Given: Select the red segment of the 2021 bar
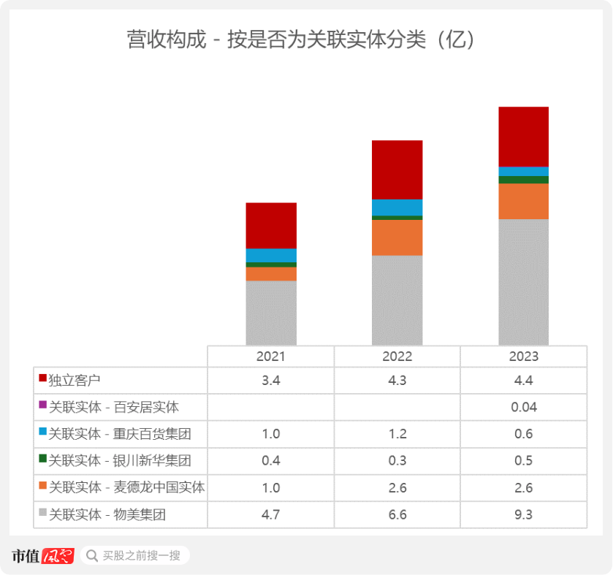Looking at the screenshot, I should pyautogui.click(x=271, y=225).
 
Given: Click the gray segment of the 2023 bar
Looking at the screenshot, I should pyautogui.click(x=523, y=281).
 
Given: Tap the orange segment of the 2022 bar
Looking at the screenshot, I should pyautogui.click(x=397, y=237).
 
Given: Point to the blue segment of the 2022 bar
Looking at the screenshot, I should pyautogui.click(x=397, y=207).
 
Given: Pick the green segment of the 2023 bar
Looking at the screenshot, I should pyautogui.click(x=523, y=180).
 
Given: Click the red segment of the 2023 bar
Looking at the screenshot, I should pyautogui.click(x=523, y=137).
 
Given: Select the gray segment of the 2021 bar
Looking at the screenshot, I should pyautogui.click(x=271, y=313).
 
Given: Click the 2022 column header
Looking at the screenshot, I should pyautogui.click(x=397, y=357).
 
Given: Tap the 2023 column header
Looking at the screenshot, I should pyautogui.click(x=523, y=357).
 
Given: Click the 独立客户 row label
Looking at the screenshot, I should pyautogui.click(x=74, y=381).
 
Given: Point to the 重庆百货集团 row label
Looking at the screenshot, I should pyautogui.click(x=120, y=434).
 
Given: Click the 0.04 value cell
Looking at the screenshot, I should pyautogui.click(x=523, y=407).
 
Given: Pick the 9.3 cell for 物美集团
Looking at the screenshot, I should pyautogui.click(x=523, y=514).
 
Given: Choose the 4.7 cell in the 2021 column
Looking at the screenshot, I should pyautogui.click(x=271, y=514).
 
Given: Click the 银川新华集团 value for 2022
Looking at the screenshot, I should pyautogui.click(x=397, y=461).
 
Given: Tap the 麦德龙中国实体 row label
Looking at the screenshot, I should pyautogui.click(x=126, y=487).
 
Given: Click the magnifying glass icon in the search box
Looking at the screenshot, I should pyautogui.click(x=92, y=555).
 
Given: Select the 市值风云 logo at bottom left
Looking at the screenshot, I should pyautogui.click(x=43, y=555).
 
